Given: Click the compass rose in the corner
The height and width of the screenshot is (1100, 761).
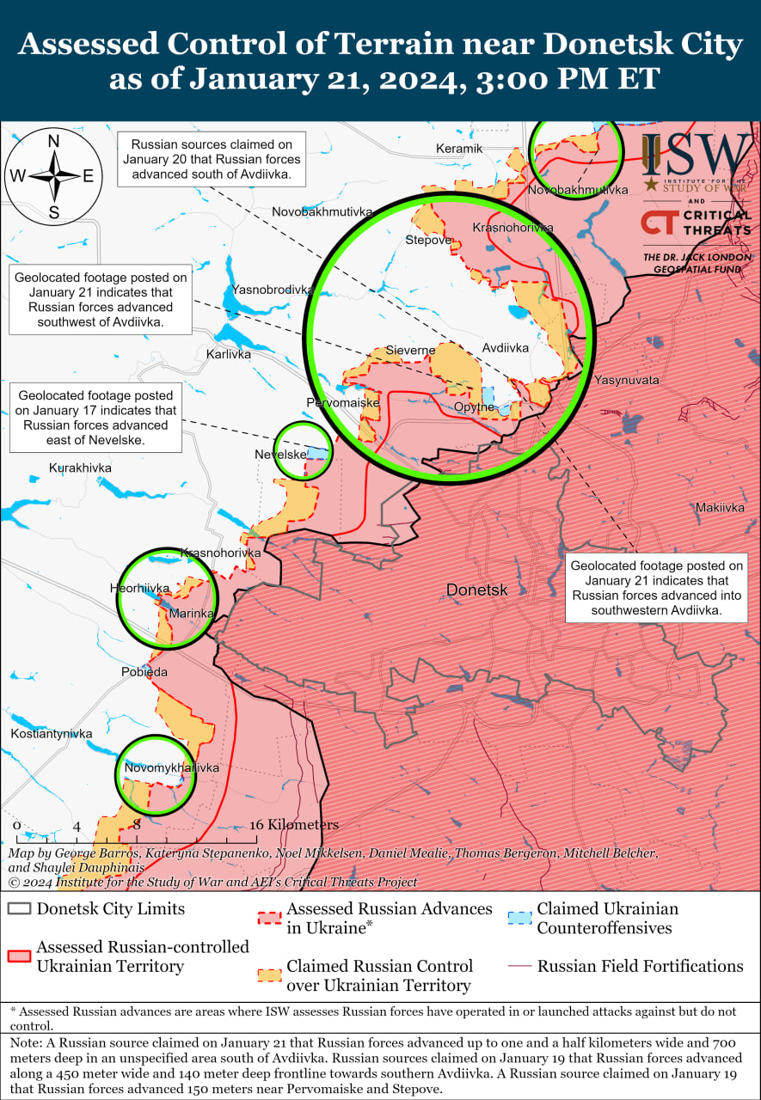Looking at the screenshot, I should tap(53, 176).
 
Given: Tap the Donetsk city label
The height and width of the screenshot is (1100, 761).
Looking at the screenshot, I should tap(476, 590).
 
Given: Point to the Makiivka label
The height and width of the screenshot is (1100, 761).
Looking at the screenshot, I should tap(720, 507).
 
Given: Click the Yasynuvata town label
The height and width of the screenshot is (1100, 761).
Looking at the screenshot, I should tap(626, 380).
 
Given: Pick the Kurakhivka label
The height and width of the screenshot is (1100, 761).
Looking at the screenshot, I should tap(80, 467).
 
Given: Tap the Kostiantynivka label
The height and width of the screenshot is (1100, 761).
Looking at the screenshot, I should tap(51, 734).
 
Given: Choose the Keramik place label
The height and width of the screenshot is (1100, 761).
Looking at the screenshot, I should tap(459, 149).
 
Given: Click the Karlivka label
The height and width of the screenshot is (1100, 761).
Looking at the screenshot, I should tap(229, 354).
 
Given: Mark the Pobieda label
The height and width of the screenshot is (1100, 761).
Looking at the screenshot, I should tap(144, 672).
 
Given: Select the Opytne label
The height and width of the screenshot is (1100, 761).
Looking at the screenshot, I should tap(474, 406).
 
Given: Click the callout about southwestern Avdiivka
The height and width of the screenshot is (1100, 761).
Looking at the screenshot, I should tap(656, 588).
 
